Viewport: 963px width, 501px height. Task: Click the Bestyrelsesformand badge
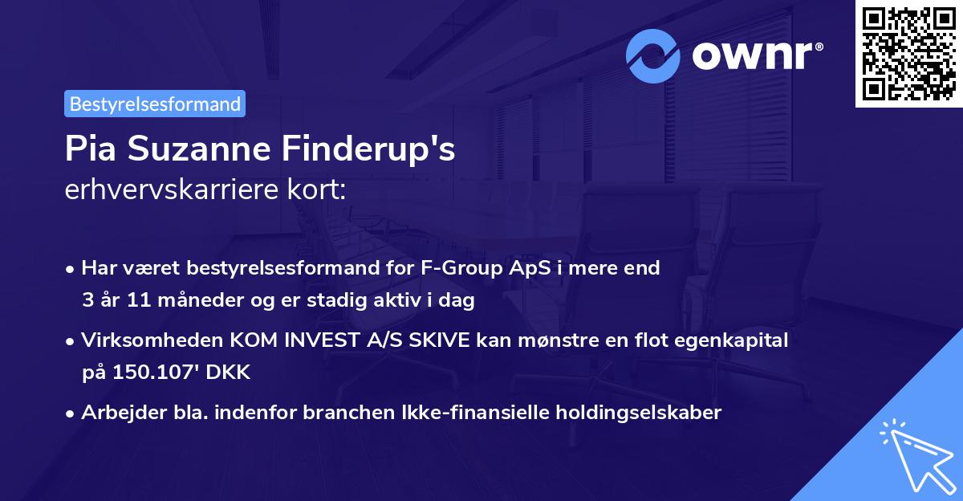(x=155, y=104)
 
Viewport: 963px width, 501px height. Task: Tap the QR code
(x=908, y=54)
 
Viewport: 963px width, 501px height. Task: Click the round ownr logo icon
(x=653, y=55)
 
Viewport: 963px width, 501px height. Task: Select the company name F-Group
(x=459, y=268)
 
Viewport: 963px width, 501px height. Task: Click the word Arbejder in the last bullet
(x=117, y=413)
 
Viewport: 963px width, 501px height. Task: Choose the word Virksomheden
(x=139, y=340)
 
